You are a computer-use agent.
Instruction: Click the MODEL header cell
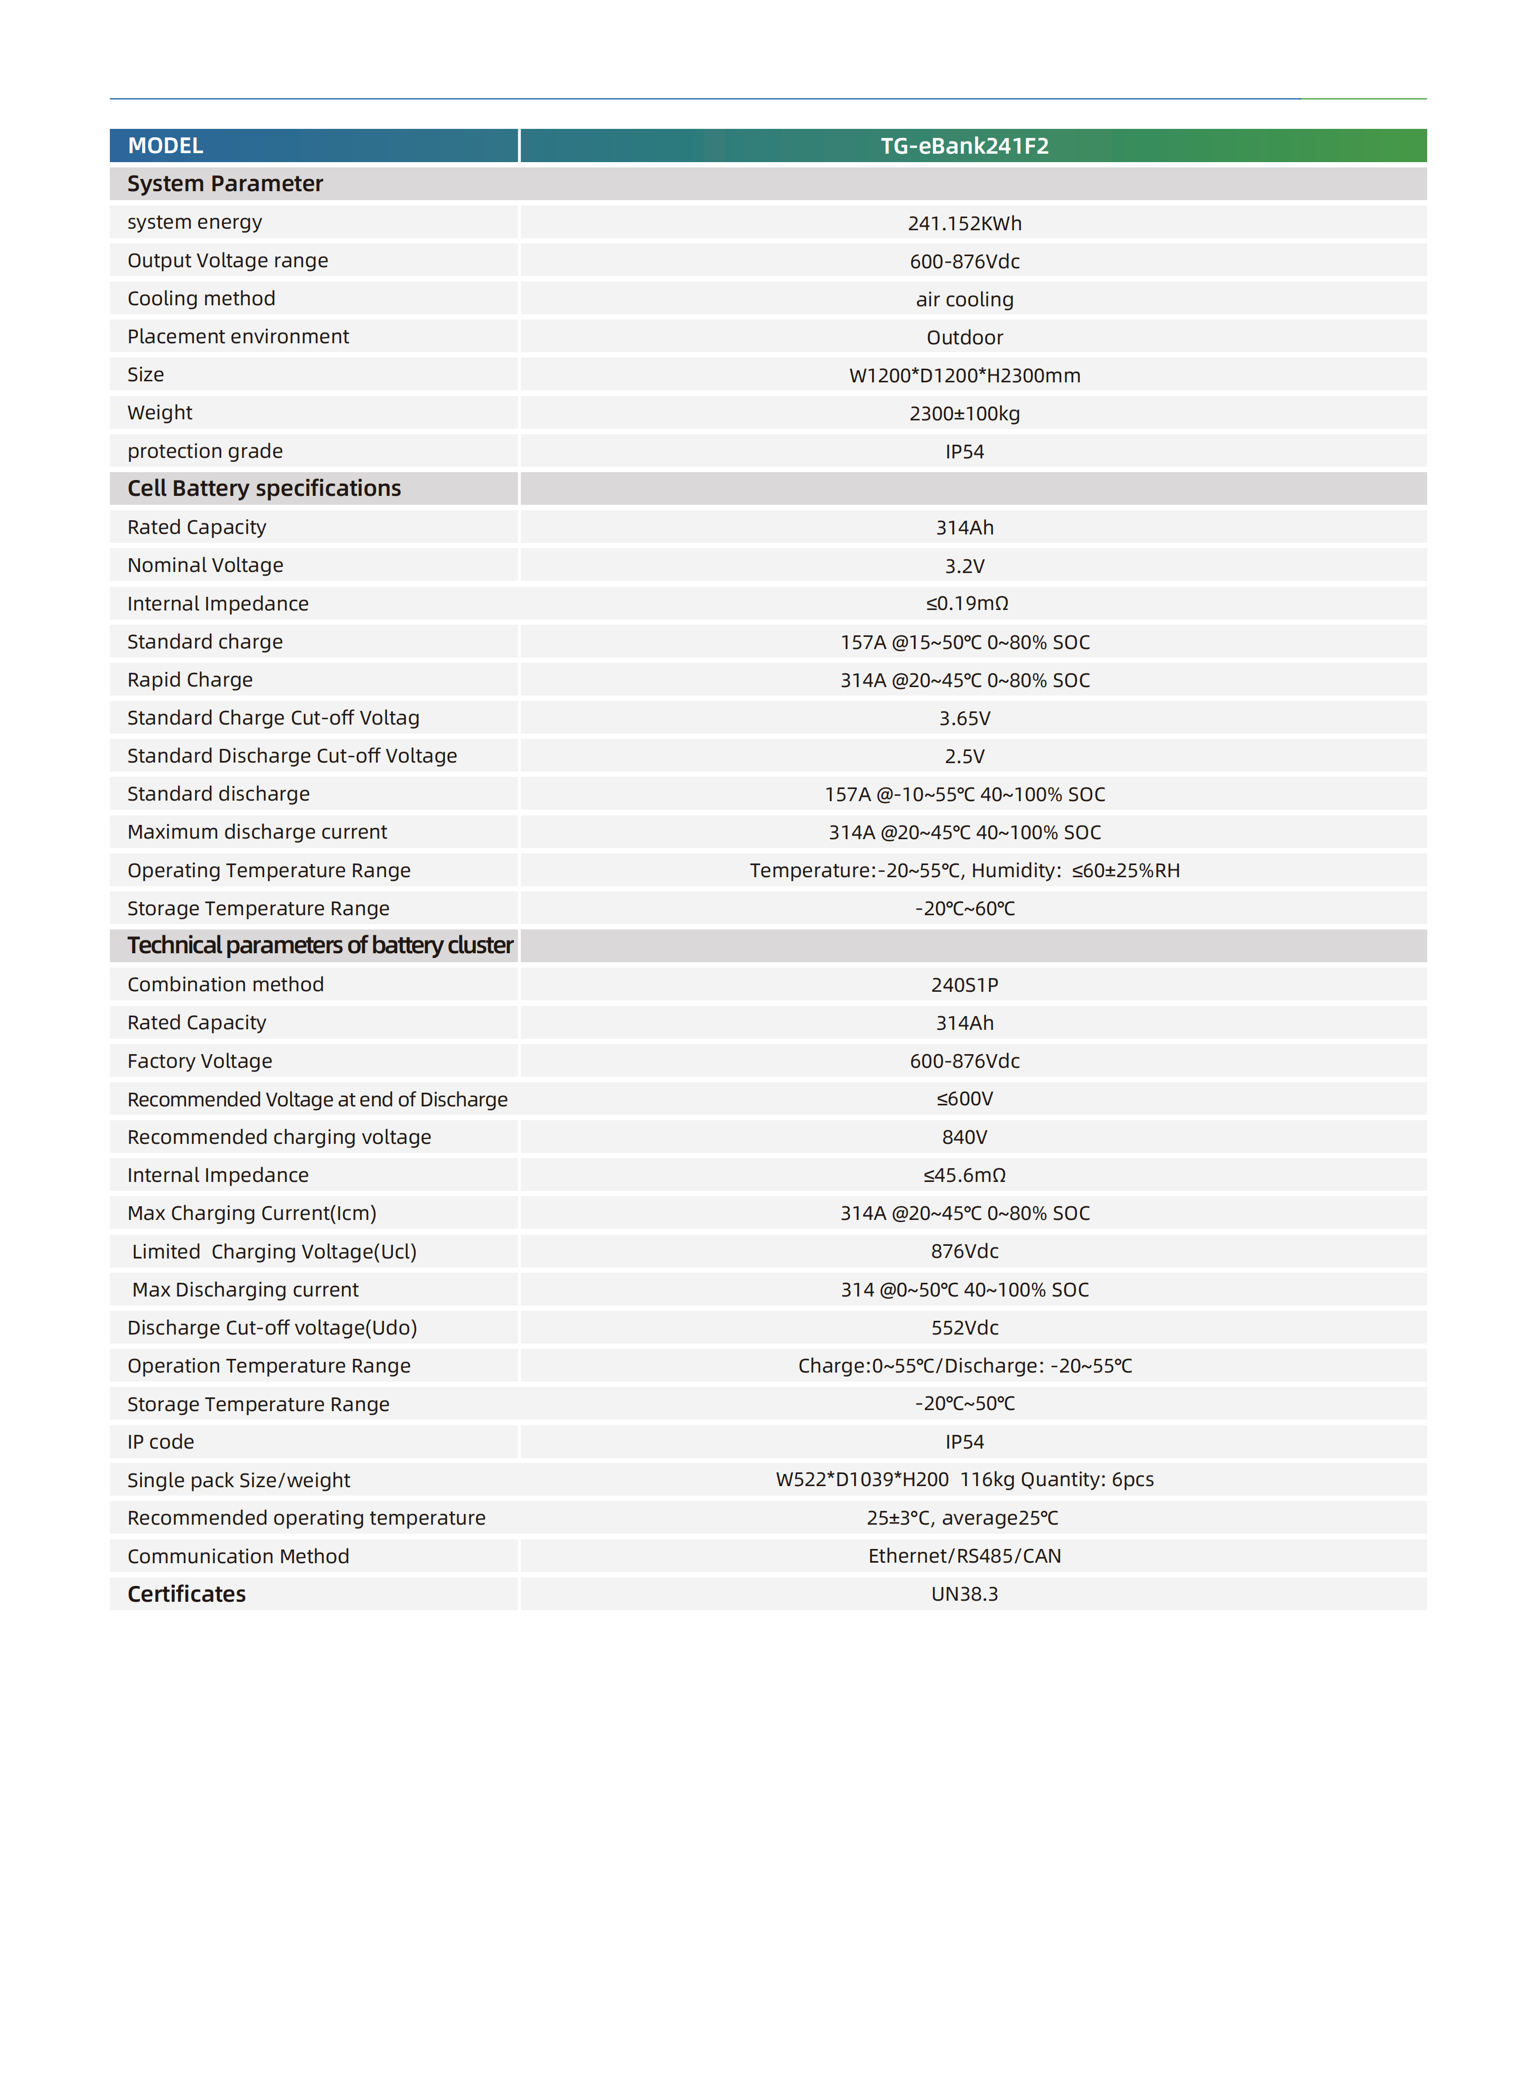click(x=165, y=146)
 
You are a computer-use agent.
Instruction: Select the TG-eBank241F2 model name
click(x=964, y=146)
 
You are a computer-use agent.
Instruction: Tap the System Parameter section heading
click(x=225, y=184)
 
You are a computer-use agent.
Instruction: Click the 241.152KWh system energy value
click(x=964, y=223)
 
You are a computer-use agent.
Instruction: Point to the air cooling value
click(x=964, y=299)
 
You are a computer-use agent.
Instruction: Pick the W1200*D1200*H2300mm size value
click(x=964, y=375)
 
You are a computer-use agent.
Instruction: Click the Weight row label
click(x=160, y=412)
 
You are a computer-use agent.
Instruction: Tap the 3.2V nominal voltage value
click(x=964, y=566)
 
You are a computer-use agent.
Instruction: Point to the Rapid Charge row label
click(x=190, y=680)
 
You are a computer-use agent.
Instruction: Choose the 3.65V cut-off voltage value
click(x=964, y=718)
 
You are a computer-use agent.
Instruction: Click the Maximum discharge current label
click(x=257, y=832)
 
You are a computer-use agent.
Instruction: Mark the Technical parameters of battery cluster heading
click(x=320, y=946)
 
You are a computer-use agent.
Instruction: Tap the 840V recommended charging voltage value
click(x=964, y=1136)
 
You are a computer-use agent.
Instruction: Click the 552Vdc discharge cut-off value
click(x=964, y=1328)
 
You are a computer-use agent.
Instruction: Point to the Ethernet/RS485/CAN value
click(x=964, y=1555)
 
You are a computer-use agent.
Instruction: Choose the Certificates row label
click(x=186, y=1594)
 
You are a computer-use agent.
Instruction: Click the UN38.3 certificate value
click(x=964, y=1594)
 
